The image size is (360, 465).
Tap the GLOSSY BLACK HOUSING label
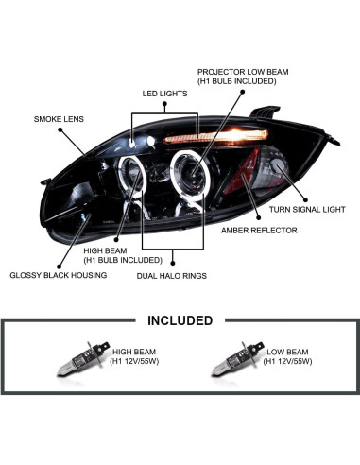pos(58,275)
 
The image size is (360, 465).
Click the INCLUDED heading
pos(180,320)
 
